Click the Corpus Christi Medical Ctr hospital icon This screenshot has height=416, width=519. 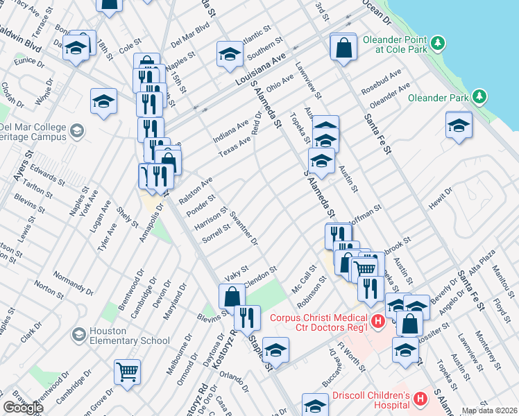pos(377,321)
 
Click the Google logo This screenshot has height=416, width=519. pos(23,408)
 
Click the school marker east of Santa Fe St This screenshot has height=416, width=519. pos(458,125)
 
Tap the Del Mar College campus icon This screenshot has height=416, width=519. pos(77,130)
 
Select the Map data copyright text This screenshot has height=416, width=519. pos(490,410)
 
